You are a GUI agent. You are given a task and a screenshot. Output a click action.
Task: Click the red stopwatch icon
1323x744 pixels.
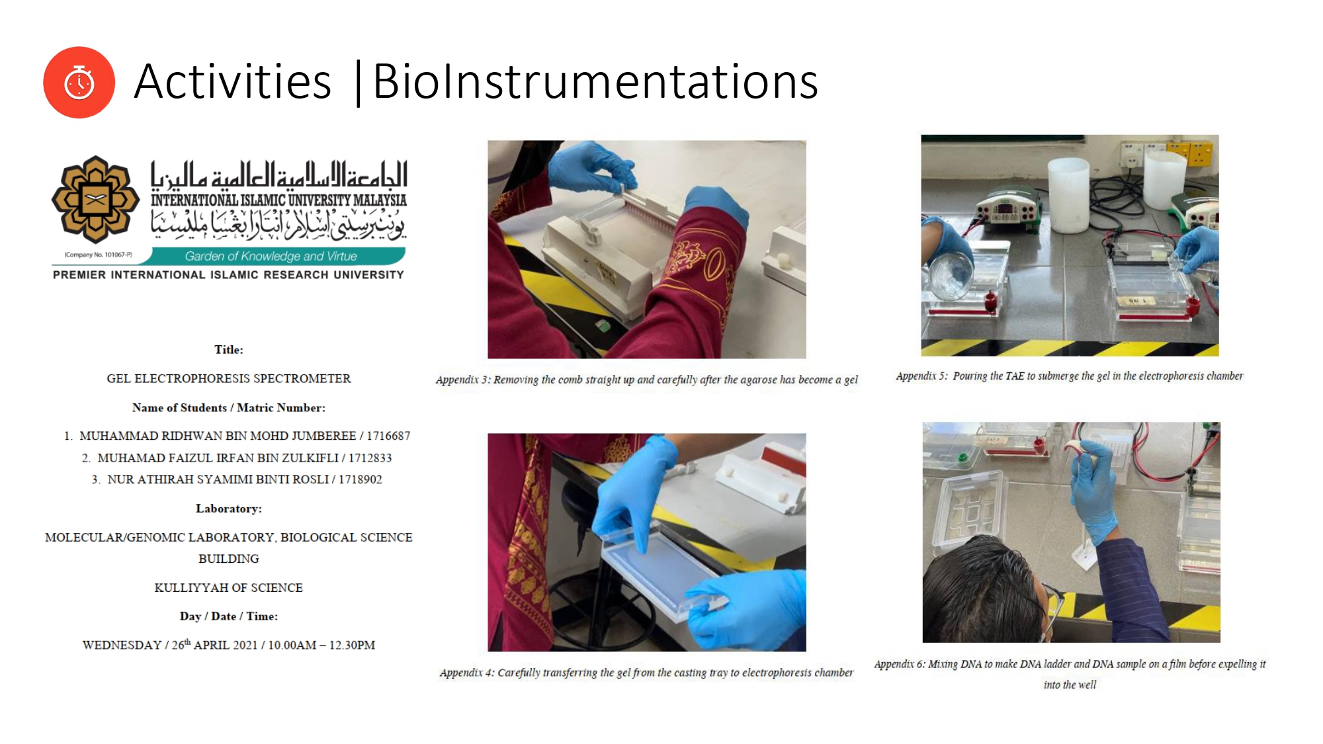click(79, 83)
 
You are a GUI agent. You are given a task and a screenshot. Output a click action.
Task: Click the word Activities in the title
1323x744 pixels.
click(232, 81)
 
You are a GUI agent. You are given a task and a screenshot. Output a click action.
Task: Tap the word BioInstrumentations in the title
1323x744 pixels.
click(595, 81)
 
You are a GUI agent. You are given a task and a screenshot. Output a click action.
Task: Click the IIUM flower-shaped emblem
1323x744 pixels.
click(95, 199)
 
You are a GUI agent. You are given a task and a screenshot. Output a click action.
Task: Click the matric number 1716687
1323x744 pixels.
click(388, 436)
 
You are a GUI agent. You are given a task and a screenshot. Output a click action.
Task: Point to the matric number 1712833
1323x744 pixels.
click(370, 458)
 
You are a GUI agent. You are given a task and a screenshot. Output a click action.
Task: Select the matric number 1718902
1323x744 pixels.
click(361, 479)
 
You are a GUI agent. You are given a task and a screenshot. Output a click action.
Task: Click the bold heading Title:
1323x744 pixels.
click(229, 350)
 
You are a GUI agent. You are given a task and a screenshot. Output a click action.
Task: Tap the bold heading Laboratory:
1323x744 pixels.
click(229, 509)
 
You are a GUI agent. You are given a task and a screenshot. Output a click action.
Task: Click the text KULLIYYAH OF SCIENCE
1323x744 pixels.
click(229, 588)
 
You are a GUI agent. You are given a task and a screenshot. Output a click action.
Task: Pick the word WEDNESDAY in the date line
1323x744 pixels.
click(122, 645)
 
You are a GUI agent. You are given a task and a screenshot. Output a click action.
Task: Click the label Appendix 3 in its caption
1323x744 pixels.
click(462, 380)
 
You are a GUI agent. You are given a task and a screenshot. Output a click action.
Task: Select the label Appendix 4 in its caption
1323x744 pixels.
click(466, 673)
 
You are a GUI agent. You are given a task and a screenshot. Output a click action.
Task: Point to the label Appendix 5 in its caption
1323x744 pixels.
click(921, 376)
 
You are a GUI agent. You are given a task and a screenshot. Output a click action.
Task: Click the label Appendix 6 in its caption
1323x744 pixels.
click(900, 664)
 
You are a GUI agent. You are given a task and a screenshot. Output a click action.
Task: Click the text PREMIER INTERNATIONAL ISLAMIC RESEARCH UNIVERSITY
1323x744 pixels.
click(228, 274)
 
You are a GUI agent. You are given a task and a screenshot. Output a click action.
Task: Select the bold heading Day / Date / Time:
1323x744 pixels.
click(229, 616)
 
